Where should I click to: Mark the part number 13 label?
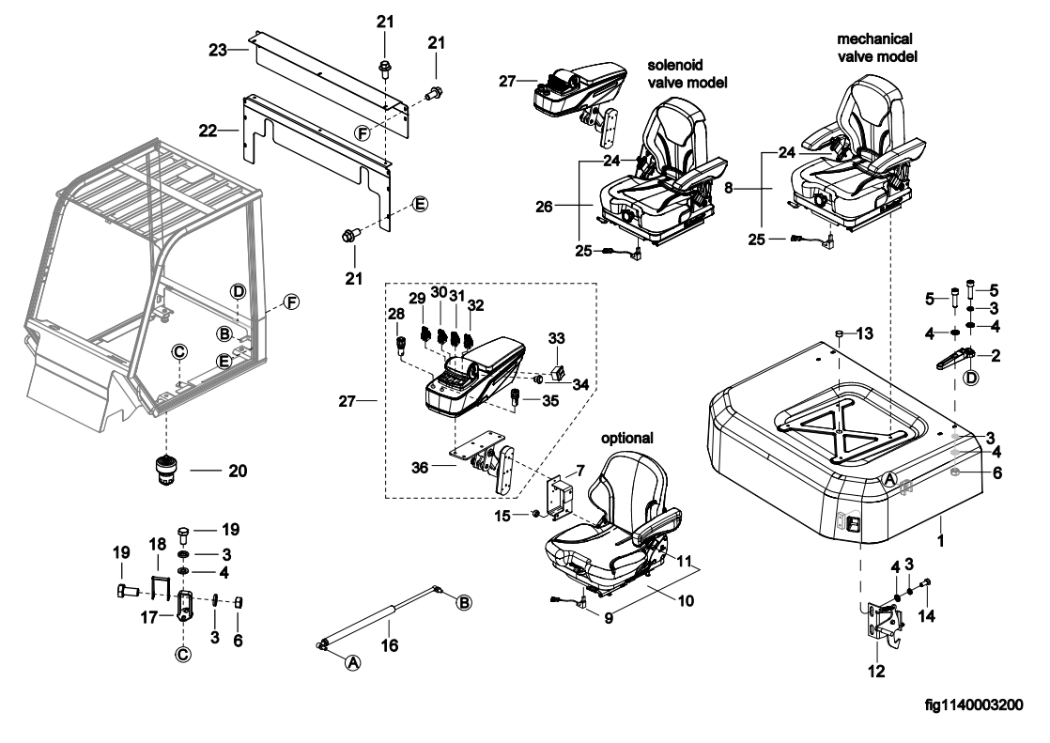point(864,333)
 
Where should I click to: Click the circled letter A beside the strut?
point(353,662)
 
